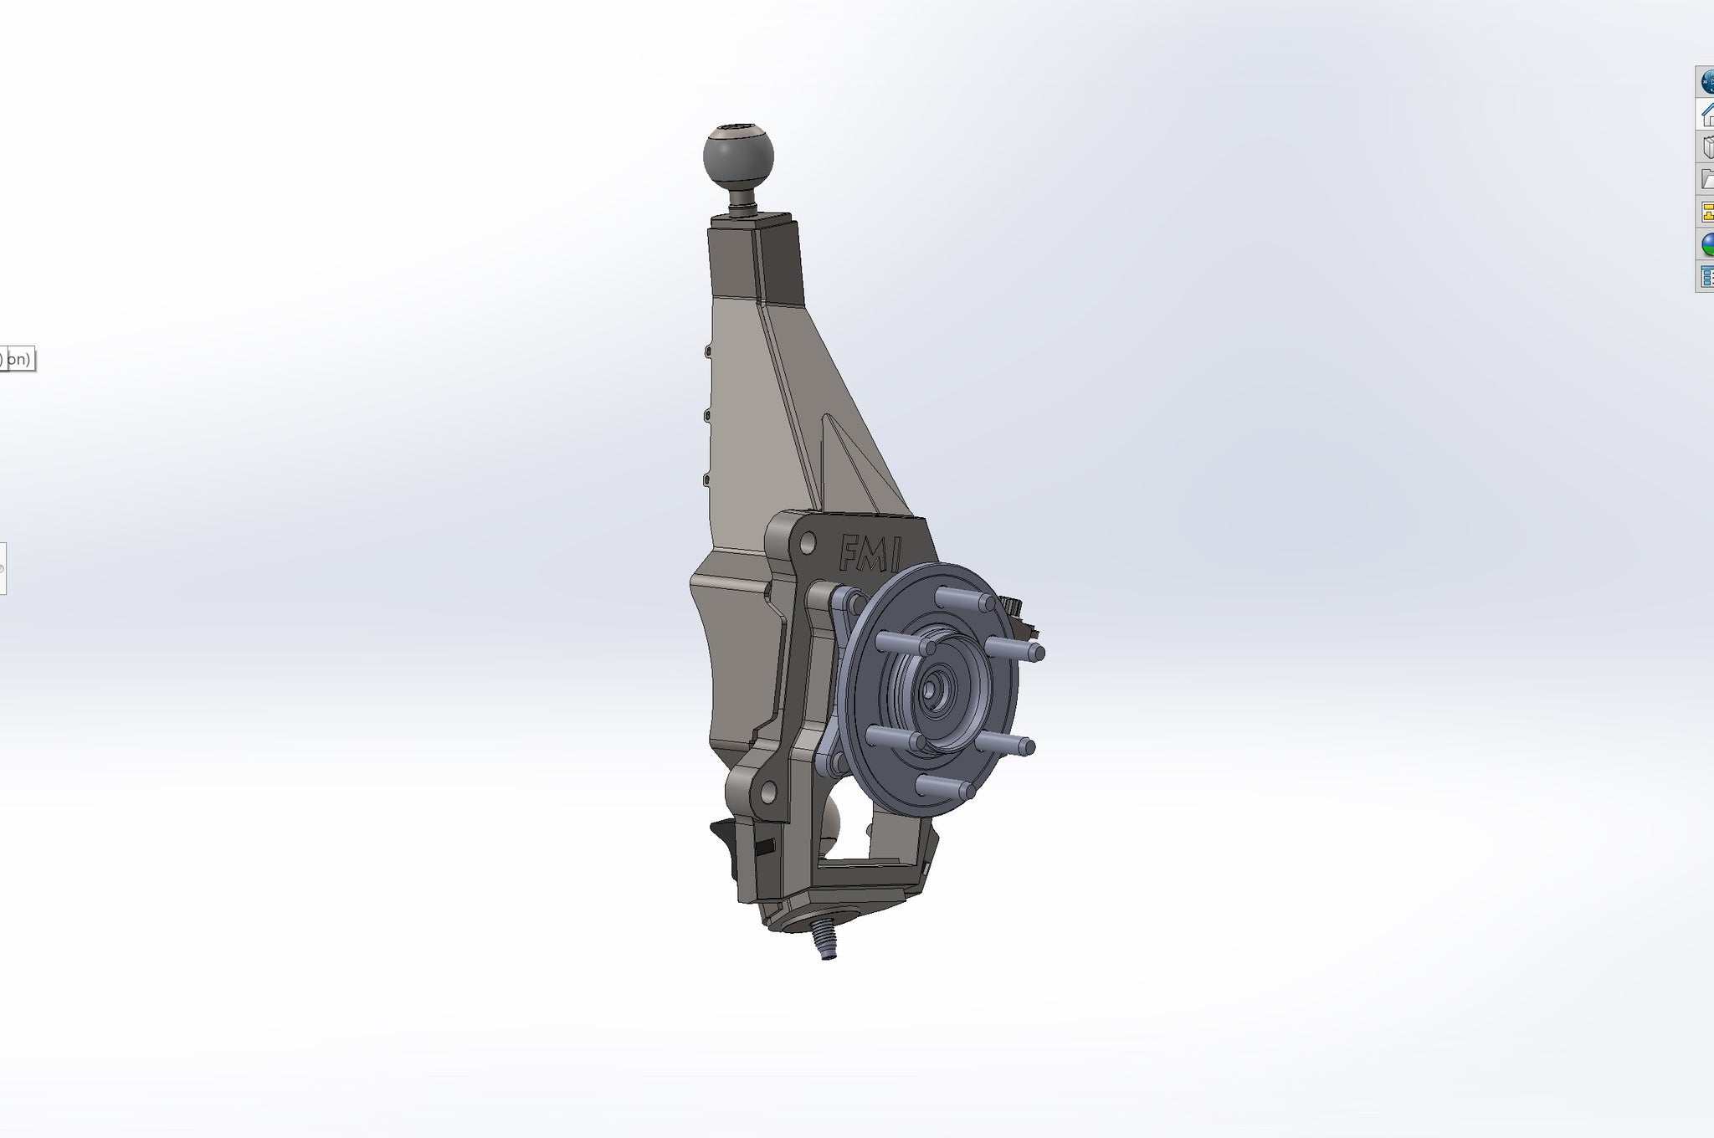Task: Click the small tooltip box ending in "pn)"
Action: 17,360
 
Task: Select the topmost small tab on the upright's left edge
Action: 708,351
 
